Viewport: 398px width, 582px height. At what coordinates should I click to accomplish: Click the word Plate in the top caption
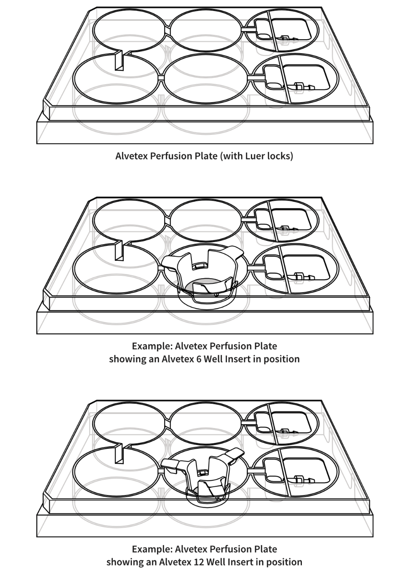click(205, 156)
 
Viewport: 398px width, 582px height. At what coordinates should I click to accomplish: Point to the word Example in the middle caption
click(151, 346)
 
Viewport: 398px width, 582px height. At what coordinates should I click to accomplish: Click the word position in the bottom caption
click(282, 562)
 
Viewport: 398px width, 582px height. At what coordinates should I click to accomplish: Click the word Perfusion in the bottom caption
click(230, 549)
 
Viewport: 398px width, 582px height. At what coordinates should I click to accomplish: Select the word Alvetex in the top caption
click(131, 156)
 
